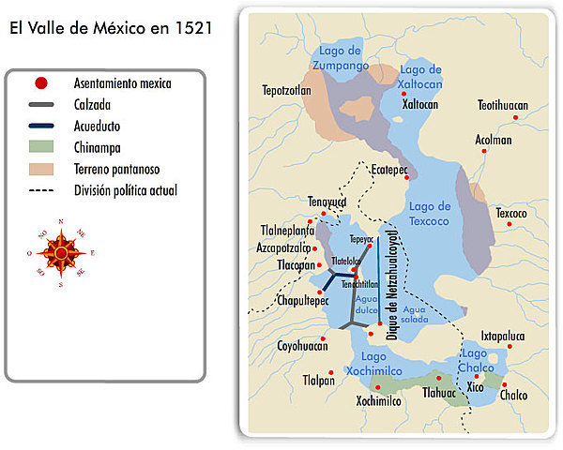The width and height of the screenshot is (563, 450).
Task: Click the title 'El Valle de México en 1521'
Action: pos(111,28)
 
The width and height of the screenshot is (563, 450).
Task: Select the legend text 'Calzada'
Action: pos(92,105)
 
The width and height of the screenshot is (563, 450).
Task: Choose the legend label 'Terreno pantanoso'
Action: pos(122,169)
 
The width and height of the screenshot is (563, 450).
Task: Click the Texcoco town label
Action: pos(511,213)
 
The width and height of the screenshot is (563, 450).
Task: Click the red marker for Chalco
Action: pos(504,384)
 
